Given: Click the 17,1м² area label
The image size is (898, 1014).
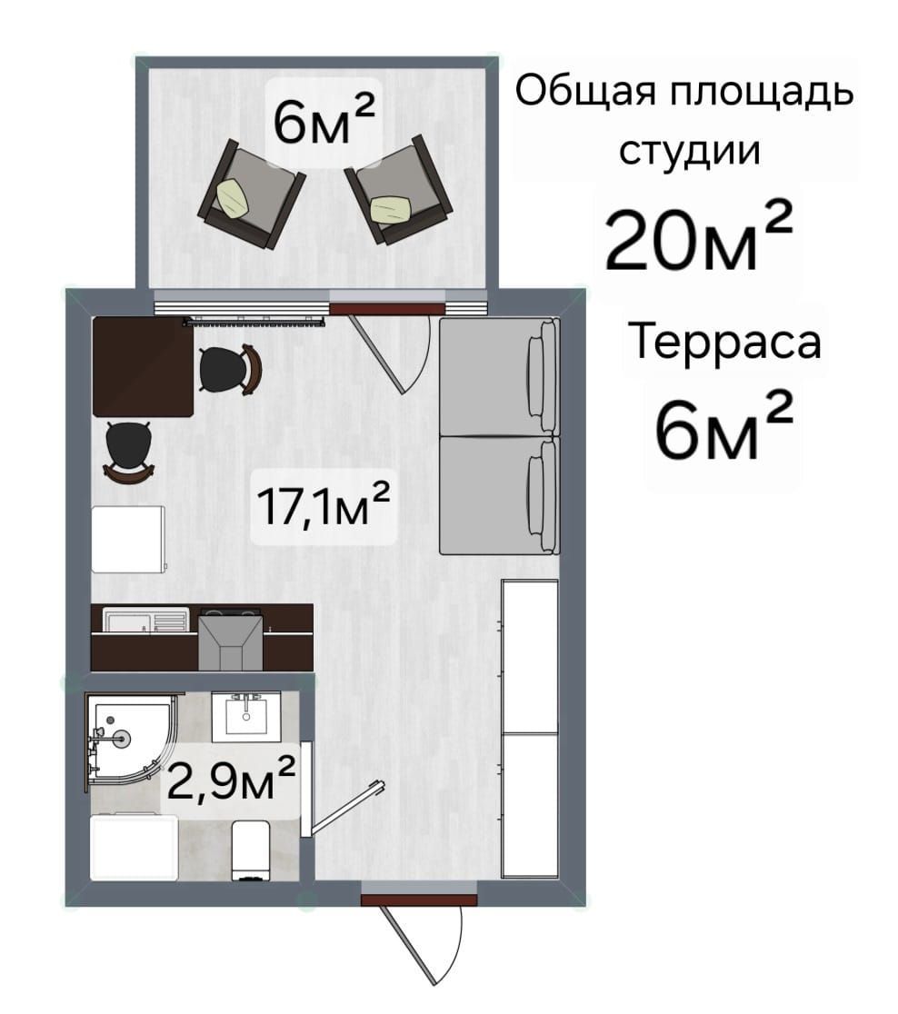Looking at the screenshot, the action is (324, 506).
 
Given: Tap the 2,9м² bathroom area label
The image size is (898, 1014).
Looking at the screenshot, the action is (231, 778).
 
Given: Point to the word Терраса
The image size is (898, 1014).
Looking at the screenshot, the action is (724, 341).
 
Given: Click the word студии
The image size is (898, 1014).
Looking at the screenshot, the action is (690, 150).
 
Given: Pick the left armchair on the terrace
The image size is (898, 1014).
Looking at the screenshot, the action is (251, 194).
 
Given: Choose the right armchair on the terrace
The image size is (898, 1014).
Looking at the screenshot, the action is (399, 190).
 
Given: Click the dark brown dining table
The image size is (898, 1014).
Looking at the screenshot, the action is (143, 366).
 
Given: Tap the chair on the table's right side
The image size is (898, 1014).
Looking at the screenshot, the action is (230, 369).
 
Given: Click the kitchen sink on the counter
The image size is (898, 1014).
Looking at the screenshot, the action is (146, 621).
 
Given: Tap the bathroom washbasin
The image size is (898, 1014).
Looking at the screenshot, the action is (246, 717).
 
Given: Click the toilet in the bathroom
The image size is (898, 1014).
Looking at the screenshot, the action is (250, 850).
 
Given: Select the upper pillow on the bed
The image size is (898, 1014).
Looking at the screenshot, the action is (543, 376).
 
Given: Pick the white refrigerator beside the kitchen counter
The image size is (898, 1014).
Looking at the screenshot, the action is (129, 540).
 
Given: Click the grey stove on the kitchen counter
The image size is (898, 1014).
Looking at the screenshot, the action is (230, 640).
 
